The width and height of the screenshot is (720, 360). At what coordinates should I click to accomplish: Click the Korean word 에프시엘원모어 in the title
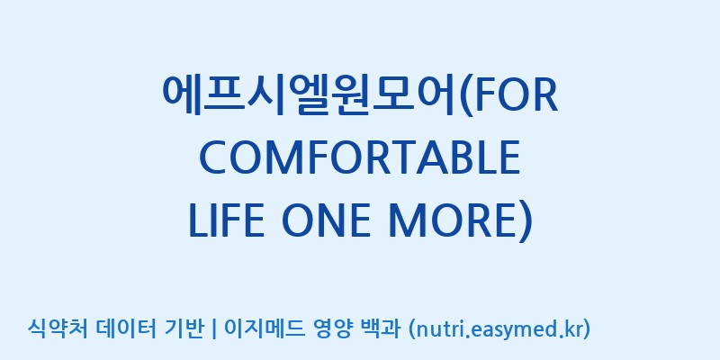point(310,96)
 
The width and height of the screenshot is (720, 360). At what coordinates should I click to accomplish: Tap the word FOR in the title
point(516,96)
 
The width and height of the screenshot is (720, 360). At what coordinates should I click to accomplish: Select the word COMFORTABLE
point(360,158)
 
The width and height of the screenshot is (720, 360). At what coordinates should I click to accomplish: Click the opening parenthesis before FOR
point(466,97)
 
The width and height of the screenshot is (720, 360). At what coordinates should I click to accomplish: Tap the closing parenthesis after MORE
point(525,221)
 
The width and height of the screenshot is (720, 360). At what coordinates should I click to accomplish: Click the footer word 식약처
point(58,328)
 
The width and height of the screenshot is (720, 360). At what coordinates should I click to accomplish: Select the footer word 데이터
point(126,328)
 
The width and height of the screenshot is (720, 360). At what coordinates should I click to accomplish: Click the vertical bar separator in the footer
point(213,329)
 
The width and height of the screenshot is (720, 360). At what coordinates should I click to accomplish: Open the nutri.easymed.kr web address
point(499,329)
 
